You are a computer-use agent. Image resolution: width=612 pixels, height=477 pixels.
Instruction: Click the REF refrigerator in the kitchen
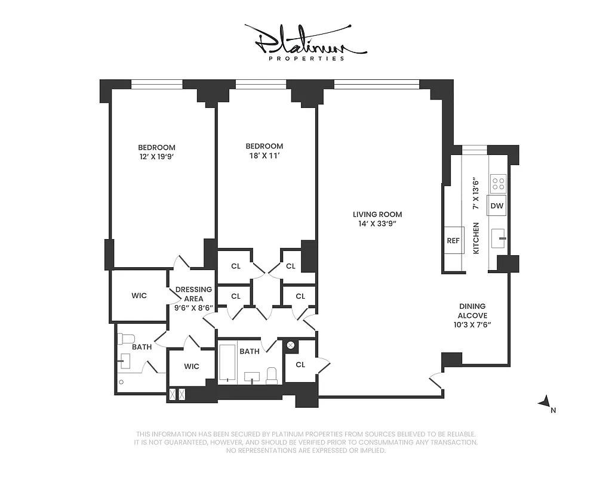[454, 241]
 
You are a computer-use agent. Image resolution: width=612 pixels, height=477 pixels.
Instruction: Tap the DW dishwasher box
[497, 206]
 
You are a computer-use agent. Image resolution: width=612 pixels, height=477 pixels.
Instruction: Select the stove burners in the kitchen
[498, 182]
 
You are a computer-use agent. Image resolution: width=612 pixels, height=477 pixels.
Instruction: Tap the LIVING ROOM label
[377, 215]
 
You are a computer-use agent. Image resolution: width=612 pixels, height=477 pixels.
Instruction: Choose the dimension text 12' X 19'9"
[156, 157]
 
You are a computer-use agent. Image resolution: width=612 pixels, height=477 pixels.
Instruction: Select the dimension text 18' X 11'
[265, 156]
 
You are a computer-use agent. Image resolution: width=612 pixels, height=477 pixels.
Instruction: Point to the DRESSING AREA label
[194, 294]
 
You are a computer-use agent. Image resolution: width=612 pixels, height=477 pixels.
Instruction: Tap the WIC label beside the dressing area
[139, 296]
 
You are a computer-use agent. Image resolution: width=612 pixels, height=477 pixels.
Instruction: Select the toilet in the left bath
[127, 339]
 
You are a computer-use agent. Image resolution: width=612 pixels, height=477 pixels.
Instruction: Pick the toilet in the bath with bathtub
[272, 375]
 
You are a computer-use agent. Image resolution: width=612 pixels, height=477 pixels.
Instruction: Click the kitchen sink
[499, 238]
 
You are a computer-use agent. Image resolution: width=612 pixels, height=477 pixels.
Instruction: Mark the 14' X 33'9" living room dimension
[377, 224]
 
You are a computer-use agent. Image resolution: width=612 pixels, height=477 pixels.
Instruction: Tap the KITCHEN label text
[476, 238]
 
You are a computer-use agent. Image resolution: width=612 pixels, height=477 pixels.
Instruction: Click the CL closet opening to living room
[300, 364]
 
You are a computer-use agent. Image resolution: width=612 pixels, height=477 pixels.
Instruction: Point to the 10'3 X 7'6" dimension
[472, 325]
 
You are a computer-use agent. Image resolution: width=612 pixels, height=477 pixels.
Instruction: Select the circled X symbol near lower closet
[291, 345]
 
